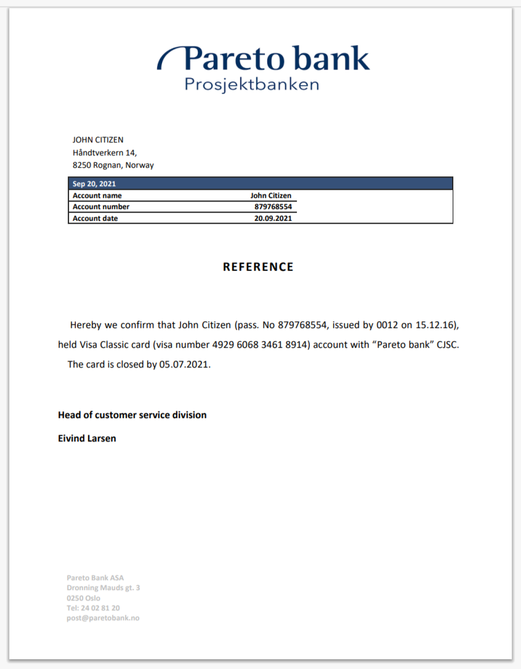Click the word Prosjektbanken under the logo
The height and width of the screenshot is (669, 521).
(x=252, y=84)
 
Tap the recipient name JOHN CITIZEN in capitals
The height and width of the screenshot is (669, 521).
(x=98, y=140)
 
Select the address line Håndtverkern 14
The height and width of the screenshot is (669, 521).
(x=105, y=152)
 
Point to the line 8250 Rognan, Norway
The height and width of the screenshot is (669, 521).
(x=113, y=165)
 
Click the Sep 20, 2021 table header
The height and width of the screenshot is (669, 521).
(x=94, y=184)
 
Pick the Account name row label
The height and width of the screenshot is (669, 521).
(x=97, y=195)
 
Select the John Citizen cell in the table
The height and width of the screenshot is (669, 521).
(x=271, y=195)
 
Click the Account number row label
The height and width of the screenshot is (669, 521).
(x=101, y=207)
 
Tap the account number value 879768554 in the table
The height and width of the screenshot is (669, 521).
(x=272, y=207)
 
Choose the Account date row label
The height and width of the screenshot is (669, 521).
(x=95, y=218)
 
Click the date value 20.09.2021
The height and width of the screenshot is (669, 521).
(x=273, y=218)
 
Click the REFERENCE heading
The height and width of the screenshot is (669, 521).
(x=258, y=267)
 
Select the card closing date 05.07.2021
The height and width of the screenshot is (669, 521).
(x=184, y=364)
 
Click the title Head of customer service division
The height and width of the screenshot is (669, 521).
(x=132, y=415)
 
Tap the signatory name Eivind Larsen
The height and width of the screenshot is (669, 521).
(x=87, y=438)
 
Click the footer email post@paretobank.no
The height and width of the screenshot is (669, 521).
(x=103, y=618)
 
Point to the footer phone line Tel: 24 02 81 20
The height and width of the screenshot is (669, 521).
(x=93, y=608)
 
